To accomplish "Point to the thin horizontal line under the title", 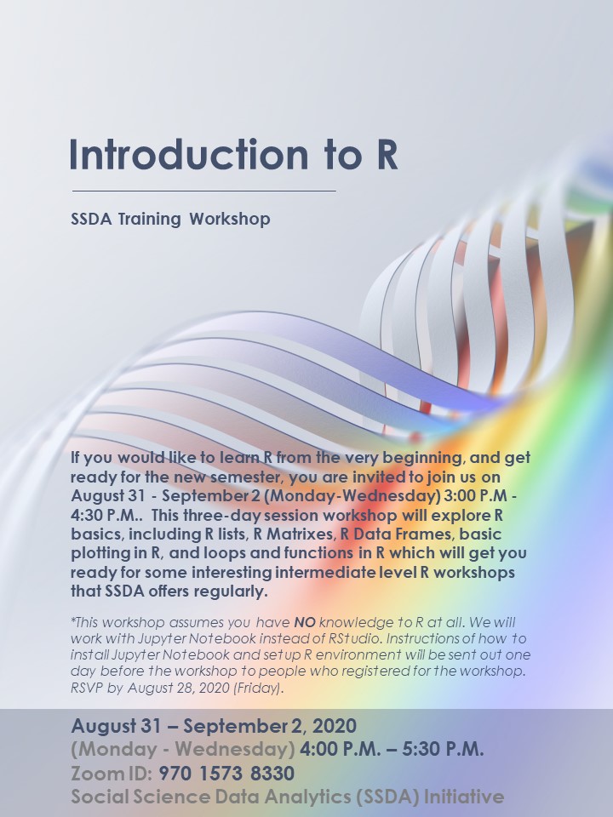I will tap(204, 191).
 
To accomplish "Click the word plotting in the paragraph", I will tap(100, 554).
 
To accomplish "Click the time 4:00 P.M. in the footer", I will tap(335, 750).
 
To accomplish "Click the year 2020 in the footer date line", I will tap(334, 727).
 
